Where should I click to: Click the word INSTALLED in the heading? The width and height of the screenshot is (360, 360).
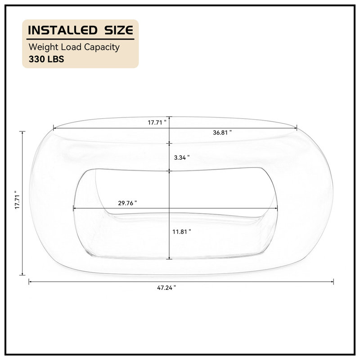63,30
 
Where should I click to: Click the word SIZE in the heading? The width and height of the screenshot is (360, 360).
119,30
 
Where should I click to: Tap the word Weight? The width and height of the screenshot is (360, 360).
43,47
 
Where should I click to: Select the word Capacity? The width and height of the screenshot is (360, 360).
102,47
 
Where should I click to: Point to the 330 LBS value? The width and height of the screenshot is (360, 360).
46,59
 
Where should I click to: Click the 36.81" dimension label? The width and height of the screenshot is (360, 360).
222,132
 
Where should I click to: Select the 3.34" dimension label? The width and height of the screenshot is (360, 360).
182,157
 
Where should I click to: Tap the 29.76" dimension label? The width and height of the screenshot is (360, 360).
127,203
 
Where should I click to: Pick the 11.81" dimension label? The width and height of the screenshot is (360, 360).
182,232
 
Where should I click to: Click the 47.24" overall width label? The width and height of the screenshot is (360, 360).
166,288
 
